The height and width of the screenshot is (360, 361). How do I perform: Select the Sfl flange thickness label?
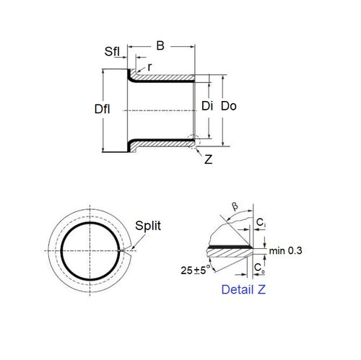click(112, 52)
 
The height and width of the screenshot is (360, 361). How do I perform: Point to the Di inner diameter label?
click(208, 106)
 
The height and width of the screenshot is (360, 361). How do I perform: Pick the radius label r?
click(149, 67)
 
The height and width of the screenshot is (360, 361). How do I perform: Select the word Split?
click(149, 226)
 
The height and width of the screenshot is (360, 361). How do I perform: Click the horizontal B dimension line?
click(160, 56)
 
